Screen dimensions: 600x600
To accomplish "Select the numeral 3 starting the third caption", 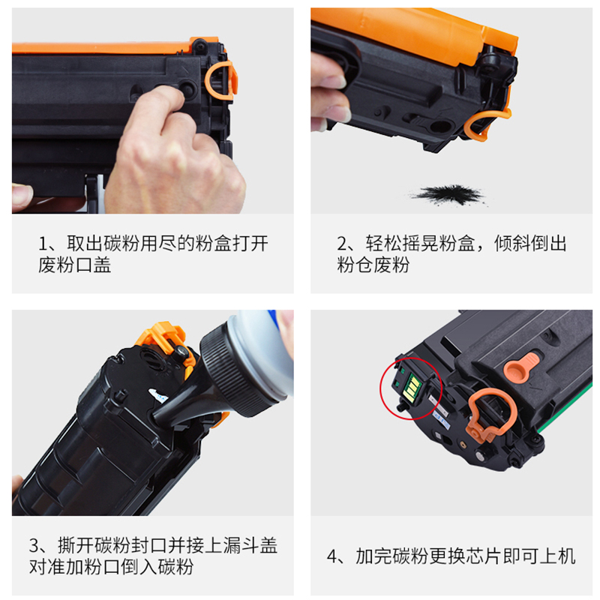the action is point(34,546).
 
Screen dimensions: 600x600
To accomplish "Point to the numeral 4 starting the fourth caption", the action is point(332,556).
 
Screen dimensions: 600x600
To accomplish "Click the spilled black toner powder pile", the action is point(448,194).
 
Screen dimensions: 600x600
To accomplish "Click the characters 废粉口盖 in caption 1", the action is point(74,265).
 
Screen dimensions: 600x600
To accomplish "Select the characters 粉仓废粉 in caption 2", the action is point(373,265).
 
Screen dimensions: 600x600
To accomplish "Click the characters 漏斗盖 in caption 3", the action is point(250,546).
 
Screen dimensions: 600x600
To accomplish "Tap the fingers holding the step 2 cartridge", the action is point(329,91).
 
